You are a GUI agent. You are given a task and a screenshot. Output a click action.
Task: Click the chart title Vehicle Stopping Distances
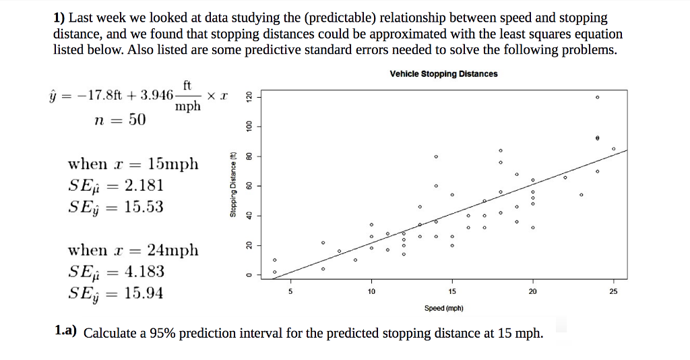point(443,73)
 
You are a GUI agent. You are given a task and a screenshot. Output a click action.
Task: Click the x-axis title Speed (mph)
point(443,308)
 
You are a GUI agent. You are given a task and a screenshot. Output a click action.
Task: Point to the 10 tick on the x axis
point(371,292)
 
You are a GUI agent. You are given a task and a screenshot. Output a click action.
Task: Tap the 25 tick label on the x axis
point(613,292)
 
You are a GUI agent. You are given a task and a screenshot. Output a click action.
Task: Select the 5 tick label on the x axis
point(290,292)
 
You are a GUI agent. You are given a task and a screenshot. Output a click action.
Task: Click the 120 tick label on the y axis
point(247,97)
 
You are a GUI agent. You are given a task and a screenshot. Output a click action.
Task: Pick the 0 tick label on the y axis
point(247,274)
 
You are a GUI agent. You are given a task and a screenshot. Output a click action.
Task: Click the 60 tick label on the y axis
point(247,185)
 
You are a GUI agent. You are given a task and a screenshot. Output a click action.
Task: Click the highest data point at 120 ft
point(597,97)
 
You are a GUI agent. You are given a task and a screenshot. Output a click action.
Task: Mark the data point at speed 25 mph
point(613,148)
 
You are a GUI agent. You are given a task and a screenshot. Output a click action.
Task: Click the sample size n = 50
point(120,120)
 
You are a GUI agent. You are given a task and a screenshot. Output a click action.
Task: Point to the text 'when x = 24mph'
point(133,250)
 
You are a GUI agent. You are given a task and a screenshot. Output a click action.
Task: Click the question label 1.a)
point(66,332)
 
